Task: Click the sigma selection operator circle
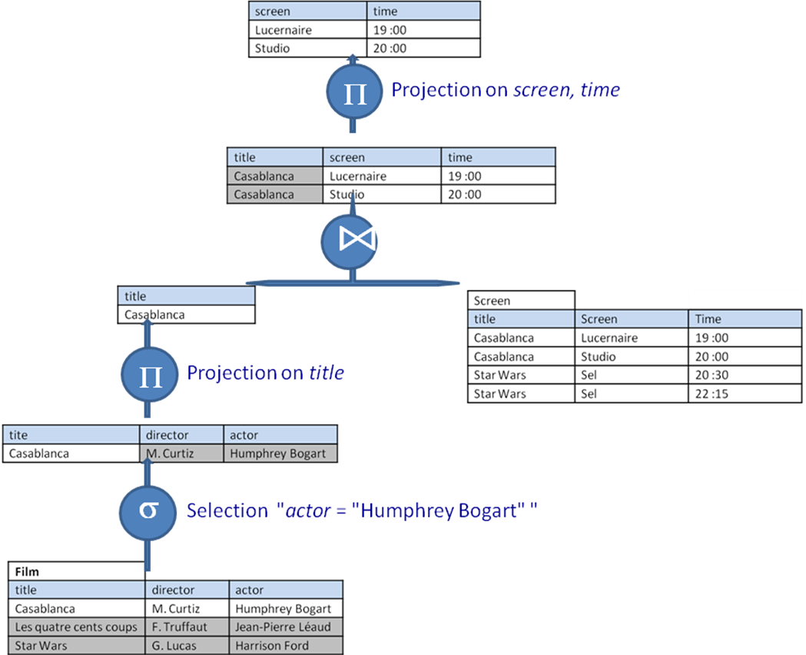tap(148, 511)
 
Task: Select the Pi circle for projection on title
tap(148, 374)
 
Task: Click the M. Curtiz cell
tap(181, 454)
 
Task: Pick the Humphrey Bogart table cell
tap(280, 454)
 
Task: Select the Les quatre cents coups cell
tap(76, 627)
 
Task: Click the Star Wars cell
tap(76, 646)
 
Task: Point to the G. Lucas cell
tap(186, 646)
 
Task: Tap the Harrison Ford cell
tap(285, 646)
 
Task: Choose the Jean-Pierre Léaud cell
tap(285, 627)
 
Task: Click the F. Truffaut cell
tap(186, 627)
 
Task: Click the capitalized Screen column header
tap(631, 319)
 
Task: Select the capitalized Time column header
tap(745, 319)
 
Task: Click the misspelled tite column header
tap(71, 435)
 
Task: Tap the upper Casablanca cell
tap(274, 176)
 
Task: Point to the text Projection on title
tap(265, 373)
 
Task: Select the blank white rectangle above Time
tap(744, 299)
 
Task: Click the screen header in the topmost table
tap(307, 12)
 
